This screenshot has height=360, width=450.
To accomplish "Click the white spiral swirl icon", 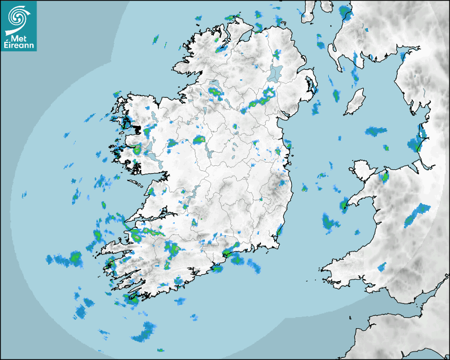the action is click(18, 18).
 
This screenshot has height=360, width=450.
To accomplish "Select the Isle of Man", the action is click(355, 102).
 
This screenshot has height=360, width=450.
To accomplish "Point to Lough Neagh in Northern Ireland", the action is click(275, 73).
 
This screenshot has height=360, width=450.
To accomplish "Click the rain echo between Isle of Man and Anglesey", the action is click(376, 130).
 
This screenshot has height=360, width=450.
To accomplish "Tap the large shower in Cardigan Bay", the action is click(330, 222).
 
